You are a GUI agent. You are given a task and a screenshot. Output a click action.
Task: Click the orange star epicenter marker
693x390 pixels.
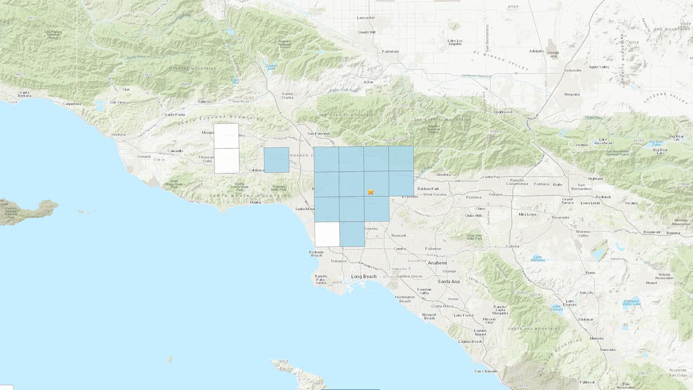point(371,191)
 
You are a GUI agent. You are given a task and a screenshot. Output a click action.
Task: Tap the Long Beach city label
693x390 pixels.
point(363,276)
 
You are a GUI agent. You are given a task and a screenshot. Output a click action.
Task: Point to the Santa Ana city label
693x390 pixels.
point(449,282)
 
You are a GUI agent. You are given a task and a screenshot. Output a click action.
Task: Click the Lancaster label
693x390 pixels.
point(366,17)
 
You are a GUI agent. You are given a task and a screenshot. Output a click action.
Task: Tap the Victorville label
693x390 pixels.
point(572,70)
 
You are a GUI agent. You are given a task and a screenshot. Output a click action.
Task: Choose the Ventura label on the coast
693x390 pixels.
point(118,134)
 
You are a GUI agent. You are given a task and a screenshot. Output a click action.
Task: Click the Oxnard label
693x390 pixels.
point(143,157)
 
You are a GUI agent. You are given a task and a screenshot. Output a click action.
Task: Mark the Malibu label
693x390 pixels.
point(254,203)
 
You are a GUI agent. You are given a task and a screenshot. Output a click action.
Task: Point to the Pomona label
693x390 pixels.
point(473,197)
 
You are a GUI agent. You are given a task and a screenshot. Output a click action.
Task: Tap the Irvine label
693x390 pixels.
point(453,299)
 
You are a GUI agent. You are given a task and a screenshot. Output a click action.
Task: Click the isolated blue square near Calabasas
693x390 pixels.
point(276,160)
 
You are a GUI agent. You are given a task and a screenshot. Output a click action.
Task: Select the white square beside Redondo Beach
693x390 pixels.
point(327,234)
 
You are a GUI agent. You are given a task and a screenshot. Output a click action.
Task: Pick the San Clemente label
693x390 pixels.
point(485,371)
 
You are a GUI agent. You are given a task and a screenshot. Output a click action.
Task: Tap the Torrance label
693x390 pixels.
point(338,261)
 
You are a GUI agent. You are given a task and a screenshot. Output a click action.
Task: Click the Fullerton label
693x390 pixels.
point(433,249)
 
